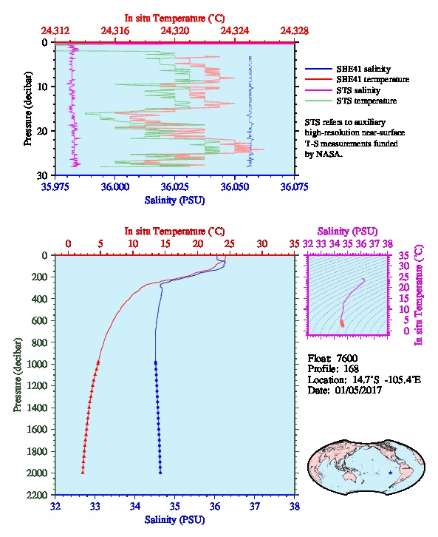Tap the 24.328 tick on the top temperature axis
point(294,31)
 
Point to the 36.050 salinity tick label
point(235,186)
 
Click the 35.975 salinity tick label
point(55,186)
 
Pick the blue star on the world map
point(391,473)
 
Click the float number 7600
point(347,358)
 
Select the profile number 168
point(351,369)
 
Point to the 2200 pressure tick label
point(38,495)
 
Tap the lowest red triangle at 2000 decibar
point(83,473)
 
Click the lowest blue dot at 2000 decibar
point(160,473)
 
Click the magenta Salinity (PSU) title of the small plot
point(347,232)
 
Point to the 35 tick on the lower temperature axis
point(295,244)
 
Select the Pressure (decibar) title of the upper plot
point(28,109)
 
